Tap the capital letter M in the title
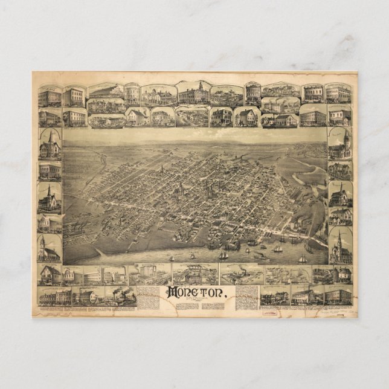(172, 293)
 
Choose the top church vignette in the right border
(340, 144)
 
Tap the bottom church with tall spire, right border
(340, 246)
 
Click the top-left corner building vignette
(50, 96)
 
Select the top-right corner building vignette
(338, 94)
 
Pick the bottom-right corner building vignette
(338, 295)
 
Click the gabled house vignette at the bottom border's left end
(50, 275)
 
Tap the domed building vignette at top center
(193, 94)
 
